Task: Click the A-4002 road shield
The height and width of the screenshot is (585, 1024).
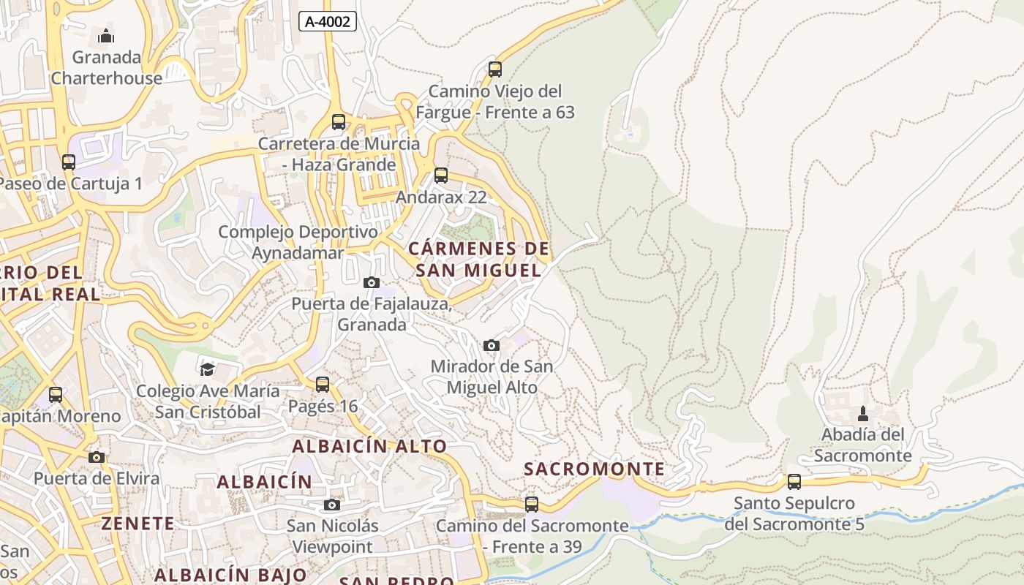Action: pos(327,21)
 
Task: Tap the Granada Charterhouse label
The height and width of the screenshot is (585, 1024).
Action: pos(107,67)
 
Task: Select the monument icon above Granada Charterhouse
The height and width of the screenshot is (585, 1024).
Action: pos(106,35)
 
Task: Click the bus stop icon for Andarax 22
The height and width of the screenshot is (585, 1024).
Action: pos(441,175)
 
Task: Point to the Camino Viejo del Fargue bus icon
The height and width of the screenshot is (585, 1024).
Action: pos(495,69)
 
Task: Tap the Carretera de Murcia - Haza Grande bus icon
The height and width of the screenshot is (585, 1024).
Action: pos(338,122)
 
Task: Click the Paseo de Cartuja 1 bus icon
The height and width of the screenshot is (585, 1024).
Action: pos(68,162)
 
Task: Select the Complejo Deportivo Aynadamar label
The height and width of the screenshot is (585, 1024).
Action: pos(298,243)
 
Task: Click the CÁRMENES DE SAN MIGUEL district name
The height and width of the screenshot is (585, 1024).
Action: pos(478,260)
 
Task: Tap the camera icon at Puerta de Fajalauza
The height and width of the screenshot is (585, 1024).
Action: pos(372,282)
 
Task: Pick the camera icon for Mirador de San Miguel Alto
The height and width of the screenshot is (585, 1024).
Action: pos(492,345)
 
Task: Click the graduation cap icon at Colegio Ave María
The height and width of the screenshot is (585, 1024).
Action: pos(208,369)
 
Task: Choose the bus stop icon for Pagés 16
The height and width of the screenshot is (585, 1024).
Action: pos(323,385)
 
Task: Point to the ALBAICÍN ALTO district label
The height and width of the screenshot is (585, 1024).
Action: pos(369,446)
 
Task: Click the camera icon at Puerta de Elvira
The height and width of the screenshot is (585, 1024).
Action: pos(97,457)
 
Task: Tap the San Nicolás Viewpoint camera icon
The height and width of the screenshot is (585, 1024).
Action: pos(332,505)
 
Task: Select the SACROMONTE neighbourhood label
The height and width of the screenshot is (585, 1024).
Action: pos(595,469)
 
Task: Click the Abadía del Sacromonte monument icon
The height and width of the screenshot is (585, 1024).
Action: pos(863,414)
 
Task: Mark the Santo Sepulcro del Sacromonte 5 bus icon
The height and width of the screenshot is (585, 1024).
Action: pos(794,482)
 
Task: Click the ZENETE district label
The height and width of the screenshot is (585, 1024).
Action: pos(138,524)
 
